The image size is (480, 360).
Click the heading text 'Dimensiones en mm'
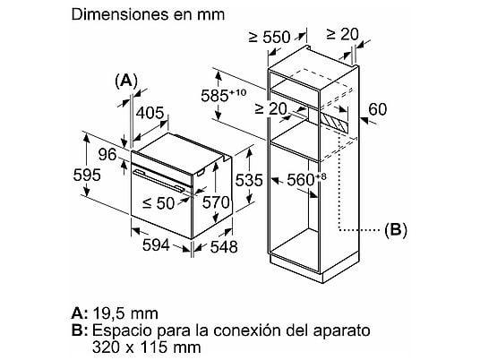click(148, 14)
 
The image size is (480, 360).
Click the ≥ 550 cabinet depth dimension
click(269, 37)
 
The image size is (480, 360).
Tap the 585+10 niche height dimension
click(224, 95)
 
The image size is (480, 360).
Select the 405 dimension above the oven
click(150, 113)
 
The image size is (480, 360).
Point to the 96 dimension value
click(107, 154)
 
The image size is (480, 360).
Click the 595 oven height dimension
click(87, 176)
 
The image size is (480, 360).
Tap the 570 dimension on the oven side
click(216, 202)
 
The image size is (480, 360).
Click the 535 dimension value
click(249, 180)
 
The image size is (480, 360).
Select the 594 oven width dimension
click(156, 244)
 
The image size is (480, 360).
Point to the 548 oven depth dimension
click(224, 246)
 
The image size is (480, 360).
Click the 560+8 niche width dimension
click(306, 180)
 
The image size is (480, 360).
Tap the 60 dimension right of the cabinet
click(378, 109)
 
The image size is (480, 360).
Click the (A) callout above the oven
click(126, 81)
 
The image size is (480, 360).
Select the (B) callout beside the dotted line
click(396, 229)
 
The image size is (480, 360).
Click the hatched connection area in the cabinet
click(334, 122)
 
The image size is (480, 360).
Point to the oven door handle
click(159, 181)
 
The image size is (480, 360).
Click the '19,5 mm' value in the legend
click(125, 313)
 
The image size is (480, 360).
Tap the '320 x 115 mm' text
click(147, 347)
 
